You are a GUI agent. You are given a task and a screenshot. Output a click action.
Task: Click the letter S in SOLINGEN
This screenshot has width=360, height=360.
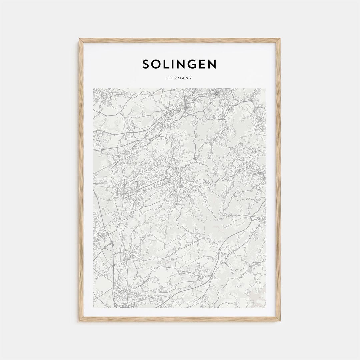coord(146,64)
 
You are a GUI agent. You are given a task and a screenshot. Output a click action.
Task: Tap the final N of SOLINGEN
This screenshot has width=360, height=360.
coord(212,64)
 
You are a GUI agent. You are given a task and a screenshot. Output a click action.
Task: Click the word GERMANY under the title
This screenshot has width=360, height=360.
coord(180,78)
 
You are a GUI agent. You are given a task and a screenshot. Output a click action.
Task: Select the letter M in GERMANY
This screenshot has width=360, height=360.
coord(180,78)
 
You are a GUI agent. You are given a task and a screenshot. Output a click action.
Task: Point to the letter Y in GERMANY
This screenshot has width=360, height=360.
coord(191,78)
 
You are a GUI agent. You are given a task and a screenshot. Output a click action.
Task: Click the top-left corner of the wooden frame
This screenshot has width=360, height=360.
coord(80,39)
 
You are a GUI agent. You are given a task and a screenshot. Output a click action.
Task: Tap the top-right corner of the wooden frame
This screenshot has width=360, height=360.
coord(280,39)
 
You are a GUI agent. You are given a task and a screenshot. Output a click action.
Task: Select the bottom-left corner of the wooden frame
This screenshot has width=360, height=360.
coord(80,321)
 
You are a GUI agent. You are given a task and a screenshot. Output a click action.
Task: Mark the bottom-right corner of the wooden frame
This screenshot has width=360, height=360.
coord(280,321)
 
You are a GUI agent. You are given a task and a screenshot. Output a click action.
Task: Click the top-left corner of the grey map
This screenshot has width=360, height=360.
coord(94,89)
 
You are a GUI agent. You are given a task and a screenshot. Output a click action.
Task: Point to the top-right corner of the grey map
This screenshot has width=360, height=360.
coord(266,89)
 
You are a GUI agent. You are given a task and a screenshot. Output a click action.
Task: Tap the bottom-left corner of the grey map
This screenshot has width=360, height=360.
coord(94,307)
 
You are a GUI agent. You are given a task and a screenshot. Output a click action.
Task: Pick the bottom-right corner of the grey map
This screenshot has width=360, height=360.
coord(266,307)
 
